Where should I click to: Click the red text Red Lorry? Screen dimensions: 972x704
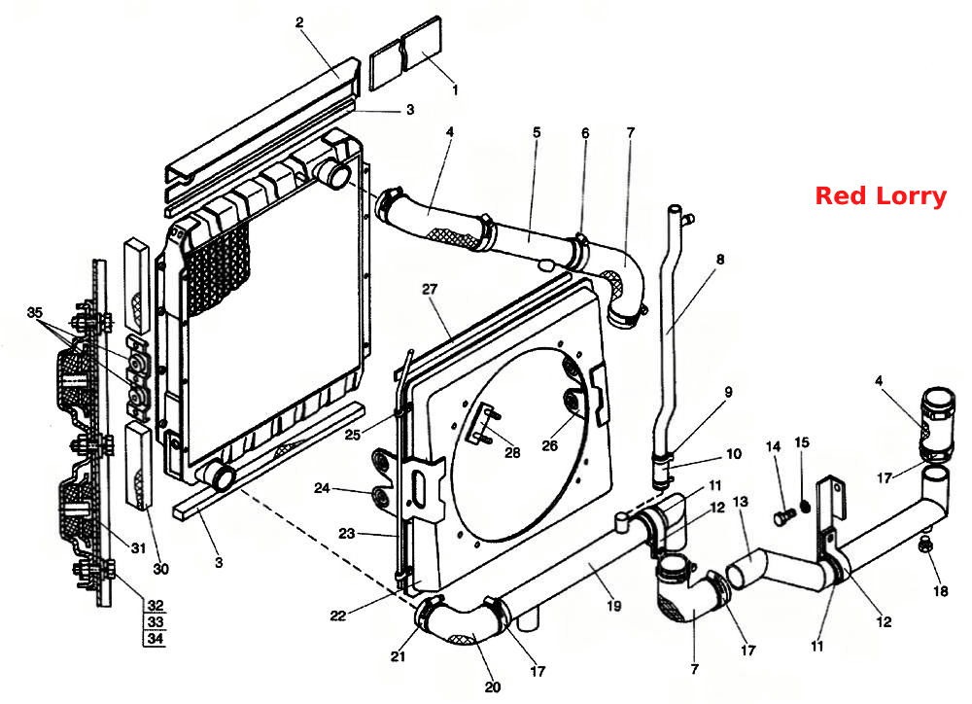881,196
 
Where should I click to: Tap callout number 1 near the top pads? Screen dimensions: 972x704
456,89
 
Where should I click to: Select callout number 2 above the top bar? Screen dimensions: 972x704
300,23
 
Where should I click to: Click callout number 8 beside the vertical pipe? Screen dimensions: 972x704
719,260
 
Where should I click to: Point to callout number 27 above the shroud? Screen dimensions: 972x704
430,289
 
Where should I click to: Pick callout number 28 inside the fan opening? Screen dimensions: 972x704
512,452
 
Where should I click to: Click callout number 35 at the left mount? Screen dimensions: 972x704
35,312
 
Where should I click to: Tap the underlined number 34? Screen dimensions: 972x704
156,638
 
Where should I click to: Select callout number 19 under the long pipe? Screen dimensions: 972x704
613,606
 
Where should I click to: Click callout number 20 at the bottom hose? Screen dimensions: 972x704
492,687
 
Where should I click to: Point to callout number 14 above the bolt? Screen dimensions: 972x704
774,446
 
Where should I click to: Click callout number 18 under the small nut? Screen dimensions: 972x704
940,591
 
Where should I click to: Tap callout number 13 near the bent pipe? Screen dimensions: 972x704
740,501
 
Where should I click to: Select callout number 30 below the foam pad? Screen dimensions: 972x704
160,569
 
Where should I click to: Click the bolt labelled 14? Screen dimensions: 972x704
784,515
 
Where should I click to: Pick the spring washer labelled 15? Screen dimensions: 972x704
805,507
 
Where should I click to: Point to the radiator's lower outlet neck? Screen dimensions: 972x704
219,476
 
